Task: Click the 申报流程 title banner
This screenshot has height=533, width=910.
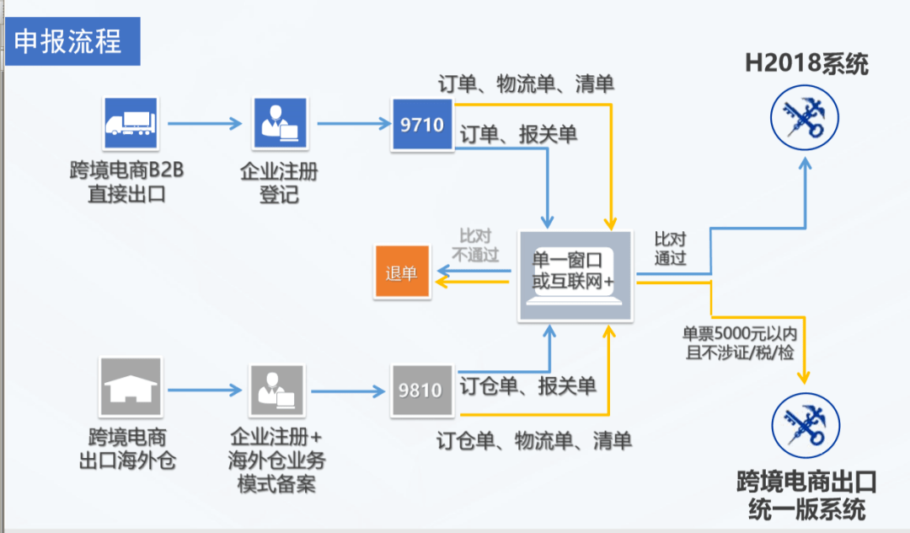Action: pos(71,41)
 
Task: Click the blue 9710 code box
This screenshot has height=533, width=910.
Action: pos(422,125)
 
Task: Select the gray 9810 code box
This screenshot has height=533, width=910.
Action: pos(421,390)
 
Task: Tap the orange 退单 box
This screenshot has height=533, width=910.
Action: pos(402,273)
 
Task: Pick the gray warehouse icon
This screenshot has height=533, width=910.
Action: pos(130,389)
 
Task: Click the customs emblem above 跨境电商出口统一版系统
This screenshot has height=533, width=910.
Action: pos(805,425)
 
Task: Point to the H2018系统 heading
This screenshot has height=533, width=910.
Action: pos(806,64)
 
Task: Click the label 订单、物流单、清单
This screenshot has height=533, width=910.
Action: pos(526,83)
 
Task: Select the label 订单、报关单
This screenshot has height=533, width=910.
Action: pos(518,134)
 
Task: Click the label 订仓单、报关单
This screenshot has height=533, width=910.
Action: pos(528,386)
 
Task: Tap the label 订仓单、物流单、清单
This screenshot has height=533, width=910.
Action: pos(534,440)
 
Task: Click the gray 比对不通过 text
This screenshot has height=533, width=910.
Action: pos(476,245)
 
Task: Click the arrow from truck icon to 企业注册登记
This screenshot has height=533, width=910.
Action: pos(205,124)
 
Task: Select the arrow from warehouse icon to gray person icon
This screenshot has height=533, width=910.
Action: pos(203,390)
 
